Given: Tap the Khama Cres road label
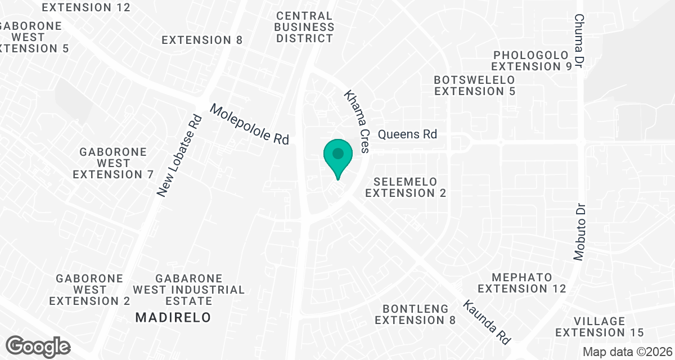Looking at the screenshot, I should tap(357, 121).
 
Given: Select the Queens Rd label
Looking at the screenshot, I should tap(407, 134).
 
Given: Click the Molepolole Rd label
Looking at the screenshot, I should tap(249, 124).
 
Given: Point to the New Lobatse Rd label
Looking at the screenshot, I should tap(179, 156).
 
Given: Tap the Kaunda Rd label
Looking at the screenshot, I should tap(487, 322).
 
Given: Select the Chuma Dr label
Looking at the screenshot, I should tap(580, 42).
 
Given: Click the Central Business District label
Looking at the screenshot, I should tap(305, 27).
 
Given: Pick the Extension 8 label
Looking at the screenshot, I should tap(202, 40).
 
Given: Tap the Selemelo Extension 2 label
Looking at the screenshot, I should tap(406, 187).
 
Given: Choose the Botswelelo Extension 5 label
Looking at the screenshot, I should tap(474, 85).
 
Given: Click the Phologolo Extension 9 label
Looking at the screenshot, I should tap(532, 61).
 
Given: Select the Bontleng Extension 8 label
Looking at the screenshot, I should tap(416, 314).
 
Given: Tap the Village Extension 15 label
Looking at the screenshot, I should tap(600, 327).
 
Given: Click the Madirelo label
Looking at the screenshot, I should tap(173, 318).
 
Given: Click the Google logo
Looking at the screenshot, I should tap(38, 346).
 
